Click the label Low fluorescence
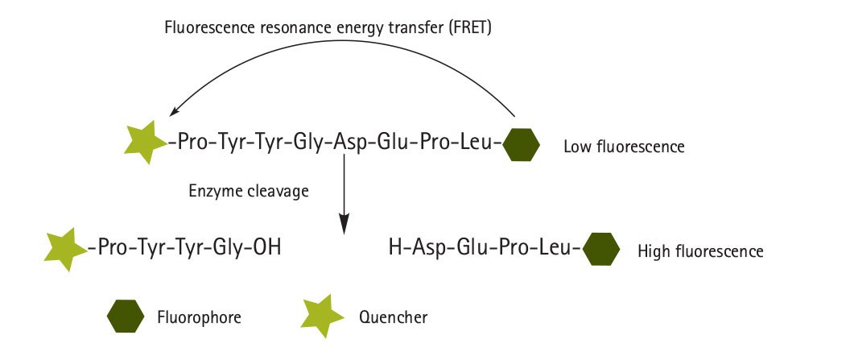(x=623, y=147)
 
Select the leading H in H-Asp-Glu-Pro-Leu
(x=395, y=246)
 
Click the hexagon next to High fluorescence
(x=600, y=249)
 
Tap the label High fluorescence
(x=699, y=251)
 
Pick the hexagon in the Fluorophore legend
(x=126, y=315)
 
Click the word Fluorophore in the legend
(x=199, y=317)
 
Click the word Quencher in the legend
(x=393, y=317)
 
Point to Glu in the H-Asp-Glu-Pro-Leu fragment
(x=471, y=246)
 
